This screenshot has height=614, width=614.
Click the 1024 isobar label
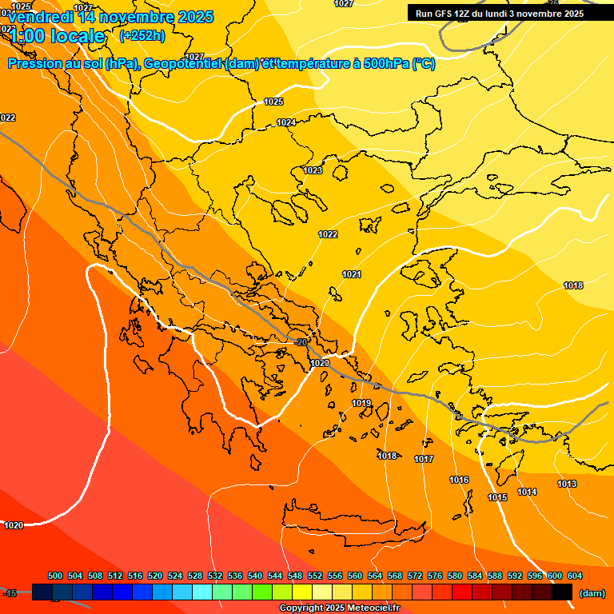coord(286,122)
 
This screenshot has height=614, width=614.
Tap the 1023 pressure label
coord(313,170)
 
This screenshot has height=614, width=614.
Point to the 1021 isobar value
coord(352,274)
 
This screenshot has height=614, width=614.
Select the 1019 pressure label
coord(361,403)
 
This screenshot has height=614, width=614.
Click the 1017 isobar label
coord(424,459)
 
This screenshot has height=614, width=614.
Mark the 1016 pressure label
coord(459,480)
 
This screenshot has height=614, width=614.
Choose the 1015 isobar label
coord(497,497)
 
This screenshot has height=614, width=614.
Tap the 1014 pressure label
coord(527,492)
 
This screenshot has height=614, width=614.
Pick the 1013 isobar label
coord(567,484)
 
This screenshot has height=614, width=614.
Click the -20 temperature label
coord(301,342)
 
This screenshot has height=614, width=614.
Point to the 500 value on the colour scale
coord(55,576)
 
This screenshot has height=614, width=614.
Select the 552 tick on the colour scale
coord(315,576)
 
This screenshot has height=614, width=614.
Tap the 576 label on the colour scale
coord(435,576)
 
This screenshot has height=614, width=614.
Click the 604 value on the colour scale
coord(575,576)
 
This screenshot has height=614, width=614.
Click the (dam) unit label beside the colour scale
coord(592,593)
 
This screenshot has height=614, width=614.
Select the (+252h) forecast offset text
coord(142,35)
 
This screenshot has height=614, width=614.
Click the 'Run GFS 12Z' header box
coord(500,14)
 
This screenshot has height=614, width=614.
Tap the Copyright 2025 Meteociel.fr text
coord(339,608)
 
